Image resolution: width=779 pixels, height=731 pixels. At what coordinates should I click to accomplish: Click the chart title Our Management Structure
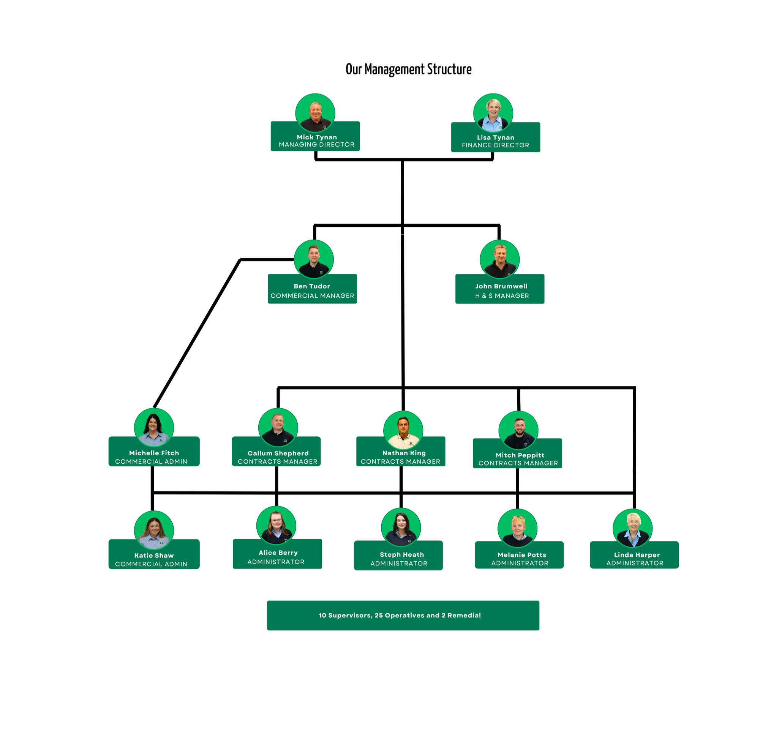tap(408, 69)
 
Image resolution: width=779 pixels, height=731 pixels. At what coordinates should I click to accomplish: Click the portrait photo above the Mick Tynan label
tap(315, 113)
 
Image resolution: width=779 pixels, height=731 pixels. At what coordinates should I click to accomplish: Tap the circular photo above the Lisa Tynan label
tap(493, 113)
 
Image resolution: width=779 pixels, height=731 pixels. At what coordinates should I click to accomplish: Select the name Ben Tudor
tap(312, 286)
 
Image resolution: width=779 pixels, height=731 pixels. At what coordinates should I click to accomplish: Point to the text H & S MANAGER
tap(502, 296)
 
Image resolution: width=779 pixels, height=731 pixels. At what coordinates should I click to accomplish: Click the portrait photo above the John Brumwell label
tap(499, 259)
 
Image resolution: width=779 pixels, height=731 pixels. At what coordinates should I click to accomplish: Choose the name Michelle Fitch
tap(154, 453)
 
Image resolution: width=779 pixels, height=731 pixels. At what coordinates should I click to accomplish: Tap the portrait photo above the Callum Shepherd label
tap(278, 427)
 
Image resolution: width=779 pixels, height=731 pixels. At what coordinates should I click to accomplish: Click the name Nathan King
tap(404, 453)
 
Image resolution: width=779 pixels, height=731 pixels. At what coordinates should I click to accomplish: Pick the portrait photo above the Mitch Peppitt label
tap(518, 430)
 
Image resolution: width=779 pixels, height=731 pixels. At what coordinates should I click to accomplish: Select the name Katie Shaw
tap(154, 556)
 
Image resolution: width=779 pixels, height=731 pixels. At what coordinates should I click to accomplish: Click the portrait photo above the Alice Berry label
tap(276, 525)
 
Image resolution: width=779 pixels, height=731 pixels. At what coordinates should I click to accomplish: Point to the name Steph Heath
tap(401, 555)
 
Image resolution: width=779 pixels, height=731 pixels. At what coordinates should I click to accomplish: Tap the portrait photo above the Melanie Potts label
tap(517, 528)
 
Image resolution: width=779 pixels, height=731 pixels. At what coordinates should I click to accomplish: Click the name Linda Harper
tap(637, 555)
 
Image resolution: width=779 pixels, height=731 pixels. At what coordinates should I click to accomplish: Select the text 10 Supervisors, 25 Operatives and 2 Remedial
tap(400, 616)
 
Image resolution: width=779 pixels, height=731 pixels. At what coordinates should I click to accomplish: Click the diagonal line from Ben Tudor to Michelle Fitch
tap(197, 333)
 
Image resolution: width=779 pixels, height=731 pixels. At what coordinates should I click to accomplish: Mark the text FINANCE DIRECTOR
tap(495, 145)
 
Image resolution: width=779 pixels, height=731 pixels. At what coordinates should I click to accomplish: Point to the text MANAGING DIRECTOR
tap(317, 145)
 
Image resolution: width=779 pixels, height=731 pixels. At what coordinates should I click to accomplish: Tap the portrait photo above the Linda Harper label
tap(632, 528)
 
